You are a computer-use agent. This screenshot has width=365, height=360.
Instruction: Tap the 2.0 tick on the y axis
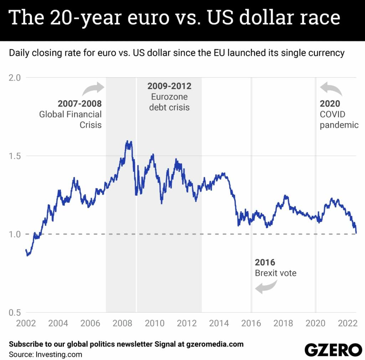click(15, 77)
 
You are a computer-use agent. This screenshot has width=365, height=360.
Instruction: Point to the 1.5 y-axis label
click(15, 156)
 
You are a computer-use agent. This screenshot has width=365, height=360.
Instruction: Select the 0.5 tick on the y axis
click(15, 312)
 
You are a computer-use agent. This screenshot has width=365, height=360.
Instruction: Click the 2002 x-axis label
click(26, 324)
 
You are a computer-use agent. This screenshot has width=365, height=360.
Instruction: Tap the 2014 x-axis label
click(219, 324)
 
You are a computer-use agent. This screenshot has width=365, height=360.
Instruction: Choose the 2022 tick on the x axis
click(348, 324)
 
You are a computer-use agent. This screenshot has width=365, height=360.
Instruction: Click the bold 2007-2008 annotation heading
click(79, 104)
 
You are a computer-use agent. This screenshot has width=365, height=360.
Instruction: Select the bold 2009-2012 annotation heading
click(169, 86)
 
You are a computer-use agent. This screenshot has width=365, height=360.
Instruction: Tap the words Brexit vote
click(276, 273)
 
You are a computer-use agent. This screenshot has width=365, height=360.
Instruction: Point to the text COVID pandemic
click(339, 120)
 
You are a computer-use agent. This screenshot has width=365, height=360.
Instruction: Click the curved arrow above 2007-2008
click(93, 89)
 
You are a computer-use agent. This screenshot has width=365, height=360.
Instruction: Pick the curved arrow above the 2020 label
click(331, 89)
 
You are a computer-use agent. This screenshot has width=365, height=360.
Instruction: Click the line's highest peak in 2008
click(127, 142)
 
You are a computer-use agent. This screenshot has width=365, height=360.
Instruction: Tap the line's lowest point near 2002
click(27, 256)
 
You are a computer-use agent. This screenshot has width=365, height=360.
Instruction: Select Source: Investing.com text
click(45, 354)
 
